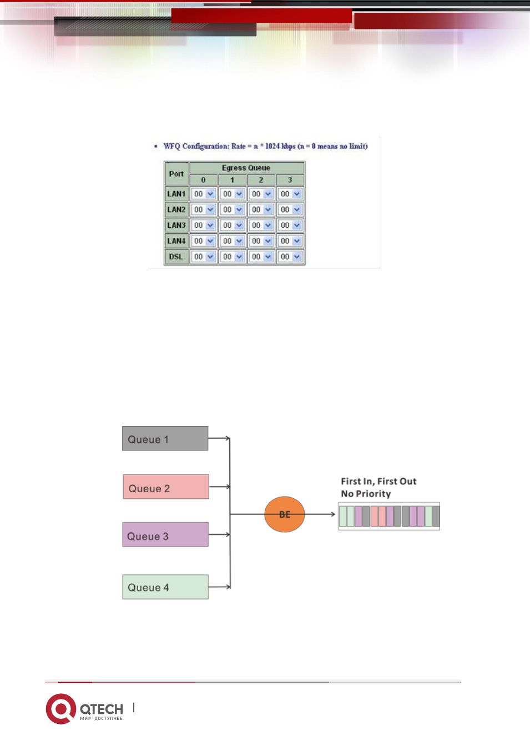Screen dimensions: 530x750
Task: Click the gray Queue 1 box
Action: pos(165,438)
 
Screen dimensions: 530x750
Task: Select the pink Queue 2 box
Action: pos(166,487)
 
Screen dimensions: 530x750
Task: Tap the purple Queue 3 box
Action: pos(165,534)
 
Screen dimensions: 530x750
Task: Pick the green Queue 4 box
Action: pos(165,587)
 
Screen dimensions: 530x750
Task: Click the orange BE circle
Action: pos(285,514)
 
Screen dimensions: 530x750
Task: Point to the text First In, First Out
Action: pos(378,481)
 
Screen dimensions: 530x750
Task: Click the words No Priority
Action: pos(366,493)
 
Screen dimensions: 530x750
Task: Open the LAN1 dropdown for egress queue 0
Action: pos(203,194)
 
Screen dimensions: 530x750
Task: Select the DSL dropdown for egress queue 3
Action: pos(290,257)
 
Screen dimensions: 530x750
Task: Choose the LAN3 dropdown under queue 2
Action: pos(261,225)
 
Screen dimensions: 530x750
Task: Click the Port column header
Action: pos(176,174)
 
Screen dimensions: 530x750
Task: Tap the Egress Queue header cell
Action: pos(247,168)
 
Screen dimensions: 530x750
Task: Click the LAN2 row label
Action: pos(176,209)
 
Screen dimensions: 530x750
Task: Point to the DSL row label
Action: pos(176,257)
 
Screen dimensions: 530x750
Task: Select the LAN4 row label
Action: pos(176,241)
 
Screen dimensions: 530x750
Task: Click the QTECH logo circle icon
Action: pos(61,709)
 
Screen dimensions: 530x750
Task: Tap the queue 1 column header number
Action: pos(232,180)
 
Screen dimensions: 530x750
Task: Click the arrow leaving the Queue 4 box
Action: pos(219,587)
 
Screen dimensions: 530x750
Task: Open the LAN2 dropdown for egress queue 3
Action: pos(290,209)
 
